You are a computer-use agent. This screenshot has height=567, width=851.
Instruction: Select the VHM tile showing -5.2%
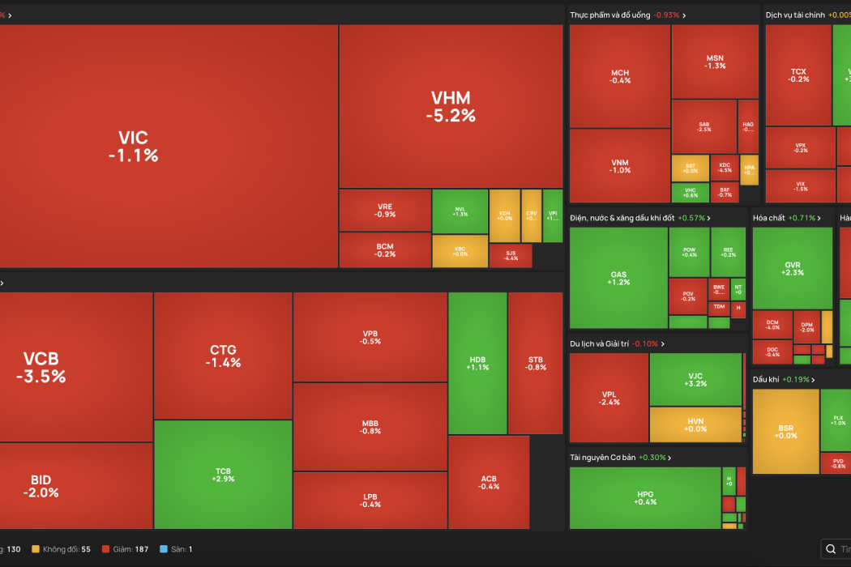click(x=451, y=107)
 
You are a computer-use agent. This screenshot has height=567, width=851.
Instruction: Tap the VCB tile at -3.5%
click(x=41, y=367)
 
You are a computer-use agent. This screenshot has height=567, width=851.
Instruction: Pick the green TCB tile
click(x=223, y=475)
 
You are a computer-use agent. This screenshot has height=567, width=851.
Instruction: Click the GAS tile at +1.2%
click(x=618, y=278)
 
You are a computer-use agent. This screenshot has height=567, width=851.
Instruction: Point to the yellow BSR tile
click(x=785, y=431)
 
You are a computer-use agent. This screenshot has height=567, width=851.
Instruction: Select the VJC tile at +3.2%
click(x=695, y=379)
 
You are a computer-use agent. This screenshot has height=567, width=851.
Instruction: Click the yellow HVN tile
click(x=695, y=424)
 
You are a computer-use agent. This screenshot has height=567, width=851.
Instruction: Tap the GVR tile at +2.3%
click(x=792, y=268)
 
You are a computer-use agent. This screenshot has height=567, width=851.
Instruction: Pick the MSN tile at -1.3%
click(x=715, y=62)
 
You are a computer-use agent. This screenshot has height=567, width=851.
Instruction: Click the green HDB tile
click(x=477, y=362)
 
